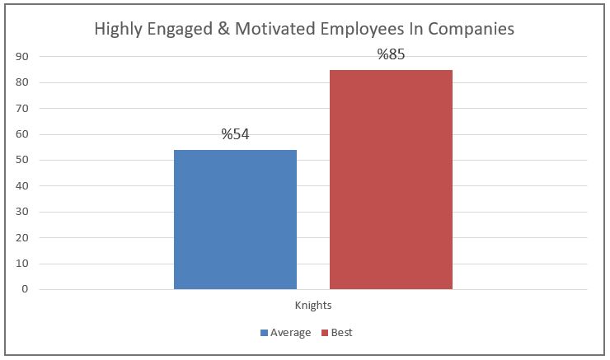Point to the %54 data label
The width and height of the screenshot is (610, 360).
pyautogui.click(x=236, y=135)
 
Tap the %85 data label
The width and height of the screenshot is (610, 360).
pyautogui.click(x=391, y=55)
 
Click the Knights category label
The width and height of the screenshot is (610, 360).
pyautogui.click(x=313, y=305)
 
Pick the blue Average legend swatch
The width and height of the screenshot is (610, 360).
pyautogui.click(x=265, y=333)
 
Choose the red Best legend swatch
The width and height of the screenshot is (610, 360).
pyautogui.click(x=325, y=333)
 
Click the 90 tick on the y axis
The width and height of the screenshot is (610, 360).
pyautogui.click(x=22, y=57)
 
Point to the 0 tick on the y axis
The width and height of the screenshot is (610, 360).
pyautogui.click(x=26, y=289)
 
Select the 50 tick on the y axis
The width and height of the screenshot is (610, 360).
pyautogui.click(x=22, y=160)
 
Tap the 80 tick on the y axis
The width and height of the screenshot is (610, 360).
pyautogui.click(x=22, y=82)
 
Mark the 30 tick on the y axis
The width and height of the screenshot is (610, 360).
pyautogui.click(x=22, y=212)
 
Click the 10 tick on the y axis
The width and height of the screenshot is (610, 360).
pyautogui.click(x=22, y=264)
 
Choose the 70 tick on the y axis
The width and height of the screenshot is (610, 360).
pyautogui.click(x=22, y=109)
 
